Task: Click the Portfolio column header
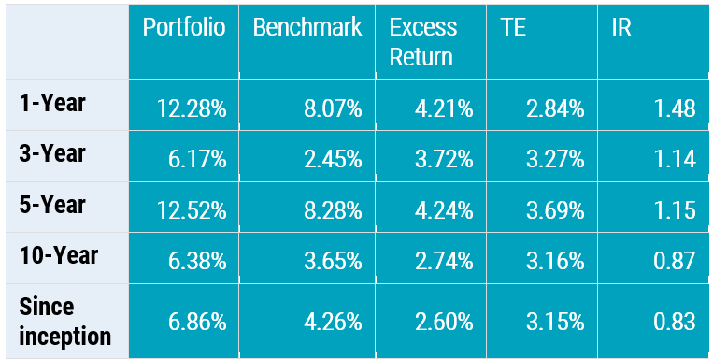184,27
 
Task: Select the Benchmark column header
307,27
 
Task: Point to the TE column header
513,27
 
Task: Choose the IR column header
620,27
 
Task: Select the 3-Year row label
52,153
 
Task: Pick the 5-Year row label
52,204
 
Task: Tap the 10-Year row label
58,255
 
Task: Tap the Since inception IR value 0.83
675,323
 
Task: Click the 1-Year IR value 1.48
675,109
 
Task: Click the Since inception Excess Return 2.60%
444,323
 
